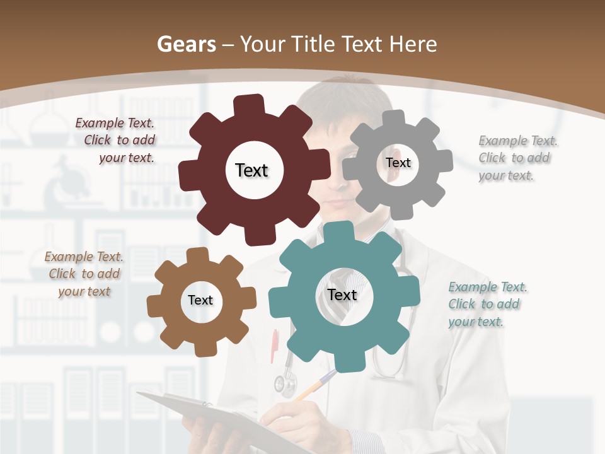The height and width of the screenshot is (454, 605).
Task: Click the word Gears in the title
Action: (x=187, y=44)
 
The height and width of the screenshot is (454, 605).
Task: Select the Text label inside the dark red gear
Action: (x=251, y=170)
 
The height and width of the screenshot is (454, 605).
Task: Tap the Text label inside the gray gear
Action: (x=398, y=163)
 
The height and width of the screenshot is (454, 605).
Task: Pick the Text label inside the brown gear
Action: (x=200, y=300)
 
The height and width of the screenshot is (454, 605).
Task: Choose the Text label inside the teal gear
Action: (x=342, y=294)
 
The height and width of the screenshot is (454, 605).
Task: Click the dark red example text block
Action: (x=117, y=140)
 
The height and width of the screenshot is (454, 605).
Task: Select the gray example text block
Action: (x=517, y=158)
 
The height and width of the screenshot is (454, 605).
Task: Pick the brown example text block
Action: (x=84, y=274)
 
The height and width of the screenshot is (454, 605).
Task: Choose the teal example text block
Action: (x=487, y=304)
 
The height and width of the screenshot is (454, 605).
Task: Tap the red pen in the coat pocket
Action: (x=275, y=346)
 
